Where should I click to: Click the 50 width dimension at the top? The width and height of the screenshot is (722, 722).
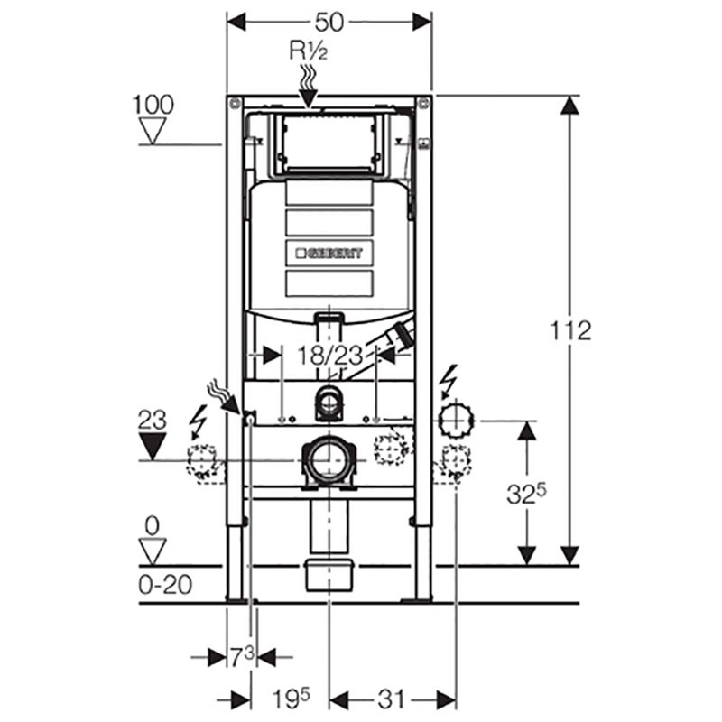coord(329,20)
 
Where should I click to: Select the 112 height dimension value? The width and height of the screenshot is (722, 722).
coord(571,330)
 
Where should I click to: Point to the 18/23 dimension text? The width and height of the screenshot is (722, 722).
coord(329,354)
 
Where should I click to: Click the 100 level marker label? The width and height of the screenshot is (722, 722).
coord(153,105)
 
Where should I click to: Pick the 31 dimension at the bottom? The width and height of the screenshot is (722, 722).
coord(391,699)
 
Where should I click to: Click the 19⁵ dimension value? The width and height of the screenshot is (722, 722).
coord(292,699)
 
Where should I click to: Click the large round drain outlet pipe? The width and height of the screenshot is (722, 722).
coord(328,461)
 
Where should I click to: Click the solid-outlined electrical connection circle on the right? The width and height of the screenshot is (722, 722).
coord(457,420)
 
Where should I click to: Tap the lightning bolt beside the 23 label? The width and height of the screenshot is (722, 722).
coord(198,419)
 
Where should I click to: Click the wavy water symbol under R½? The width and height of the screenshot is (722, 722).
coord(308,84)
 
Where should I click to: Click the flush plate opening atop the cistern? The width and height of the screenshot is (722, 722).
coord(329,144)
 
